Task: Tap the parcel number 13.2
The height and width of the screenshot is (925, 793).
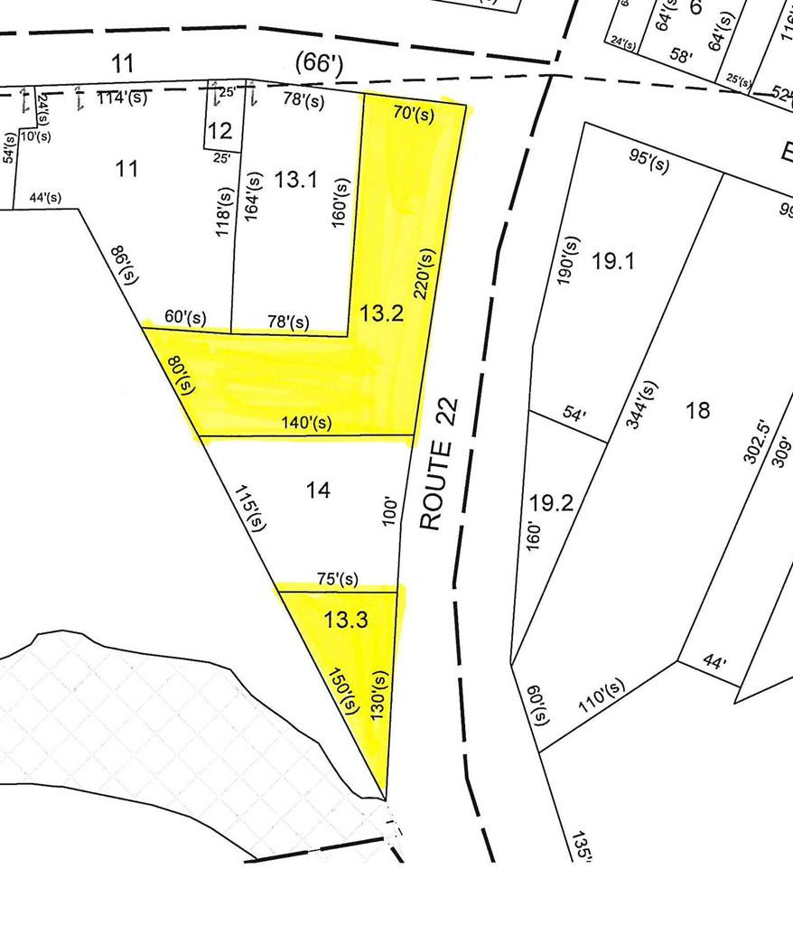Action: click(381, 314)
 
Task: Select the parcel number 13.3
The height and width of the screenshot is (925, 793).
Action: click(348, 621)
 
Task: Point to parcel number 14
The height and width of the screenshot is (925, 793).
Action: click(318, 490)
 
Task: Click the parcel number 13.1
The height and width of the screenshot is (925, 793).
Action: click(296, 180)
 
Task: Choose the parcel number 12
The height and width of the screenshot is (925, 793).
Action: click(219, 132)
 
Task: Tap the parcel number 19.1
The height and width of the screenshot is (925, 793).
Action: click(614, 262)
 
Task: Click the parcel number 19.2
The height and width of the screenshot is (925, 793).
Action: click(552, 502)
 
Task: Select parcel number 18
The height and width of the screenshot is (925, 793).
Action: click(697, 411)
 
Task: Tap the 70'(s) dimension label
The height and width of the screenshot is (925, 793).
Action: click(415, 113)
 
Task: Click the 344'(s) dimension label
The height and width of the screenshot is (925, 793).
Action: click(643, 406)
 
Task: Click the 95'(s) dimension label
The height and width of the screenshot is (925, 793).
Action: click(648, 163)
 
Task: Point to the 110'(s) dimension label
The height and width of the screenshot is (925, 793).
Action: click(603, 697)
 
